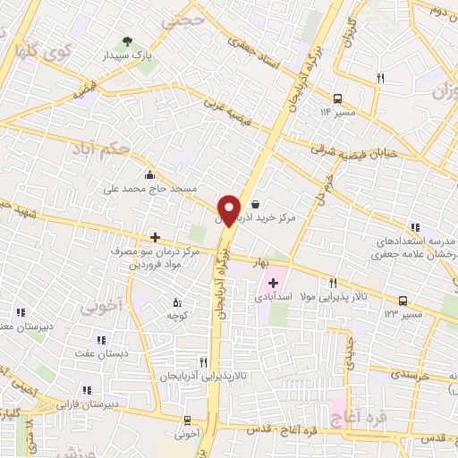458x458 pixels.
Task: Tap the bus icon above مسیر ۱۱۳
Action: [x=403, y=301]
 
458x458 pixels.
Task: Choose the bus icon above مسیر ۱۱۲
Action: [x=338, y=98]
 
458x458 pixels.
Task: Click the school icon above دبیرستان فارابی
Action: [x=87, y=390]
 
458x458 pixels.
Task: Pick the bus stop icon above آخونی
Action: [x=187, y=420]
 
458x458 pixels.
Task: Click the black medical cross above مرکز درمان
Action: [x=155, y=237]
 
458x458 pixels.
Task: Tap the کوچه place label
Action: [x=176, y=315]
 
